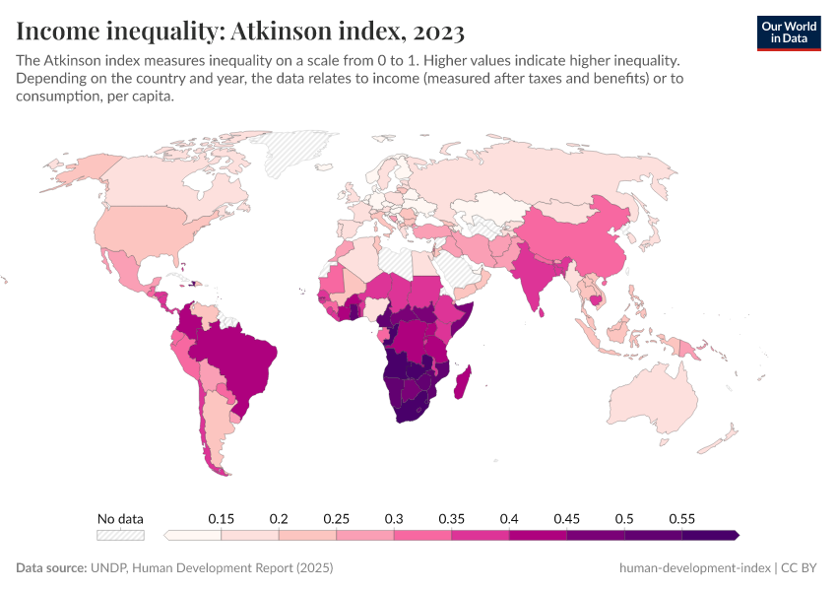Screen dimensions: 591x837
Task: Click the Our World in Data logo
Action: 788,32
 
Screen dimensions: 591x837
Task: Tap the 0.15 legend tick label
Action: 221,518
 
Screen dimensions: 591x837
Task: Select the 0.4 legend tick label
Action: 509,518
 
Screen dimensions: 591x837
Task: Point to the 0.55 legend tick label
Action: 681,518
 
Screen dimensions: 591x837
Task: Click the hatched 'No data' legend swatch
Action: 120,535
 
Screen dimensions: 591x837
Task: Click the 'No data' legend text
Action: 120,518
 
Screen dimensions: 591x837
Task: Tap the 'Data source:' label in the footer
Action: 51,568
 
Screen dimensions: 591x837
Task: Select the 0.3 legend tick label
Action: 394,518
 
